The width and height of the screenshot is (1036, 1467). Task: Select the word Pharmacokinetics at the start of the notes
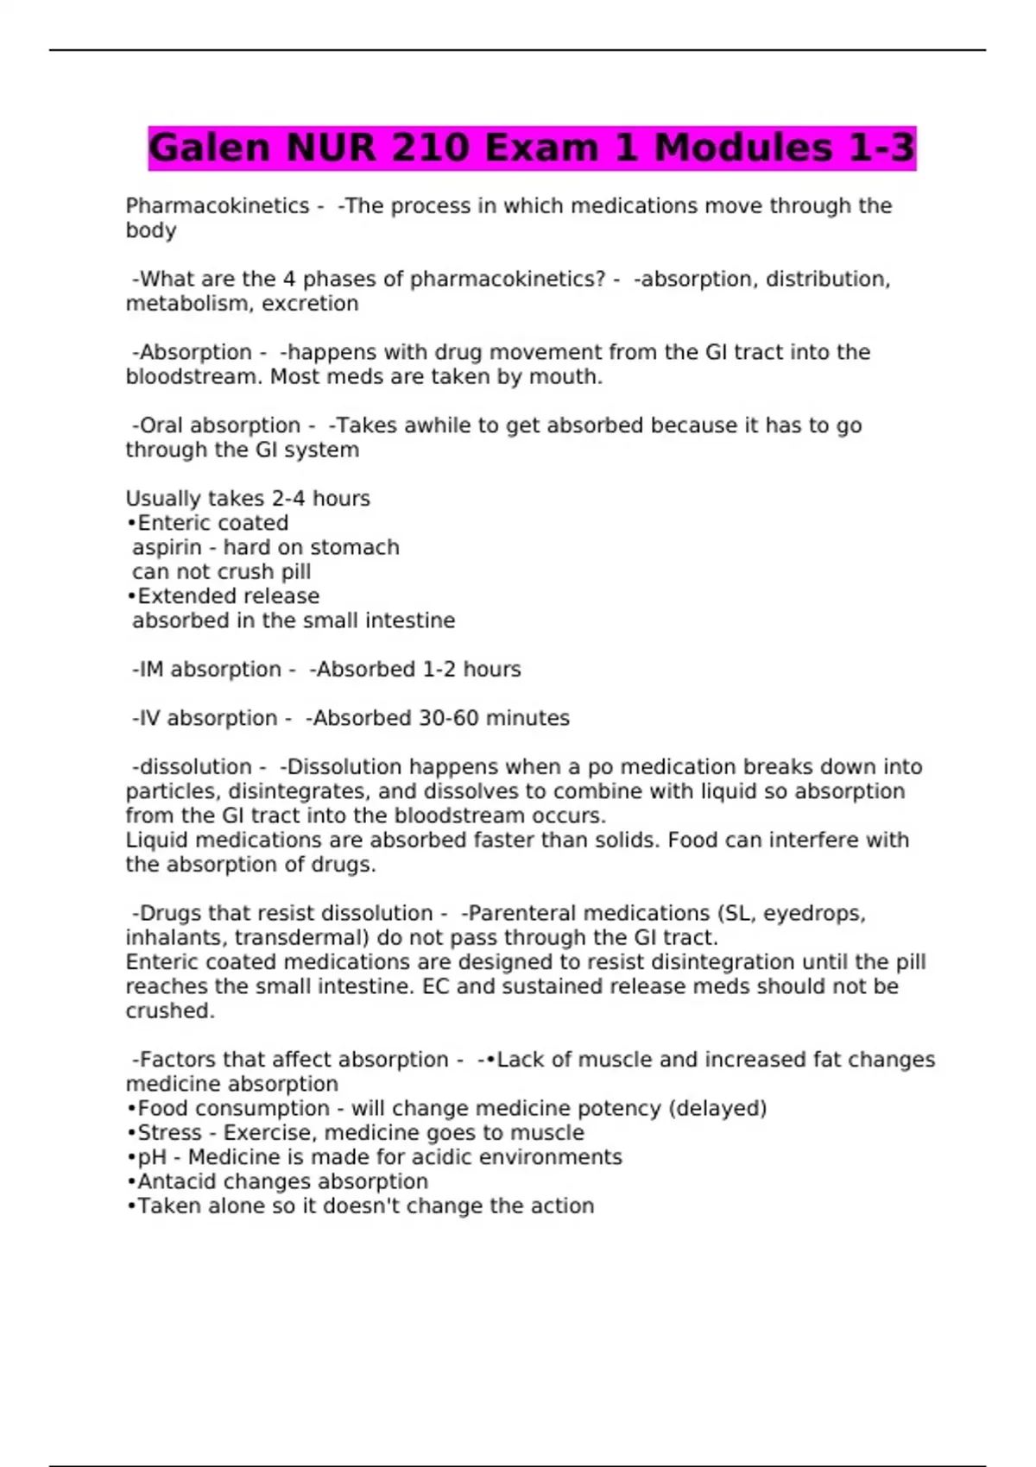click(x=218, y=206)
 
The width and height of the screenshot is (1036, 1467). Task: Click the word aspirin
click(x=167, y=548)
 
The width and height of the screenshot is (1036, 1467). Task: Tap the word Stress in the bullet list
click(x=166, y=1133)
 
